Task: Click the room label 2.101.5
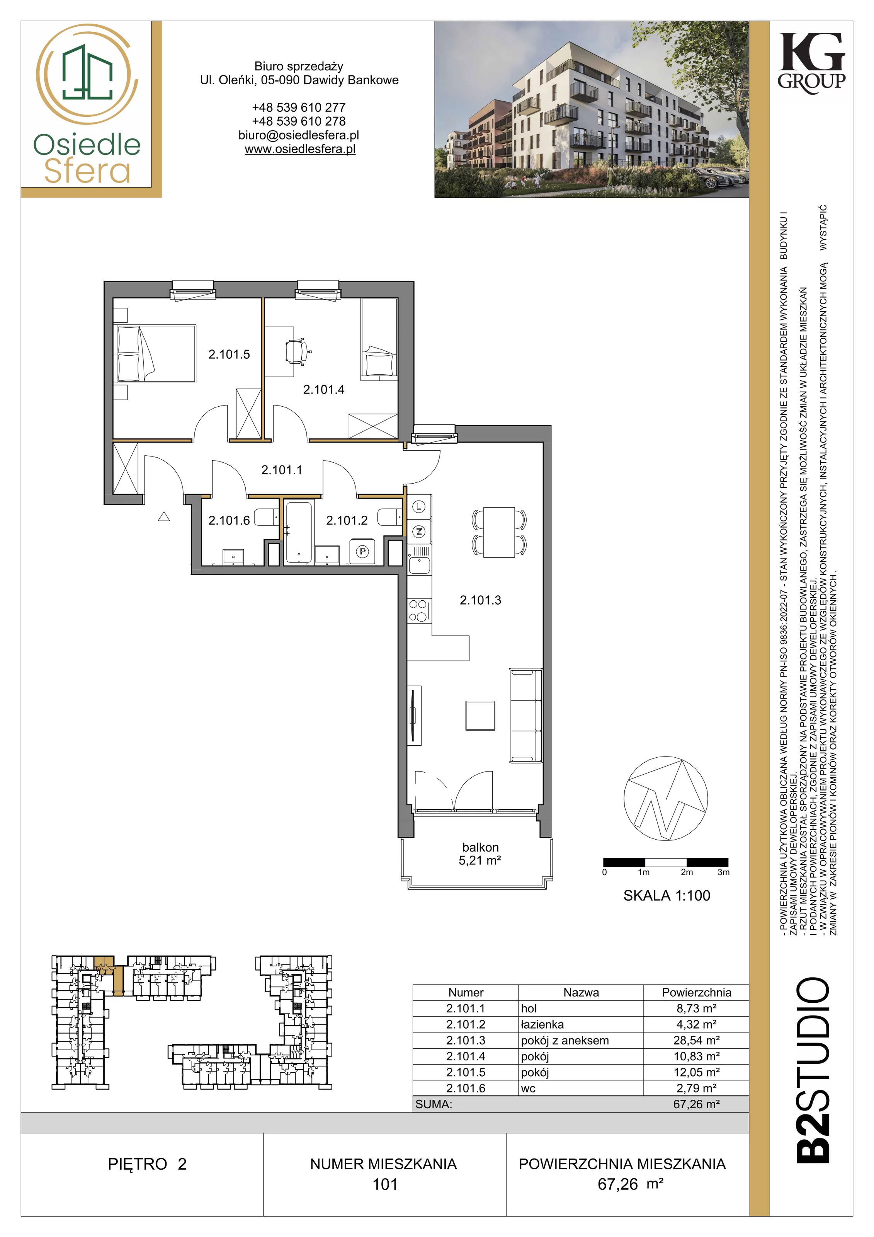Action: click(230, 354)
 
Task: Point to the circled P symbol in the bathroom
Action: click(363, 552)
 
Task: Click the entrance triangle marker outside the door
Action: click(164, 517)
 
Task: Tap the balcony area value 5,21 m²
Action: click(480, 860)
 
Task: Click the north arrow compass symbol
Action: click(666, 799)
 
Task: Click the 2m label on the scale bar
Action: click(687, 872)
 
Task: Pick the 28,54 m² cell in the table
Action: click(697, 1040)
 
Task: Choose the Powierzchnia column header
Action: click(697, 992)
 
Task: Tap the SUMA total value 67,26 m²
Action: click(697, 1104)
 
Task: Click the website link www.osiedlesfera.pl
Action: click(300, 149)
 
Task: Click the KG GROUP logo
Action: click(811, 63)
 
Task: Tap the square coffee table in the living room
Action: click(480, 716)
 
